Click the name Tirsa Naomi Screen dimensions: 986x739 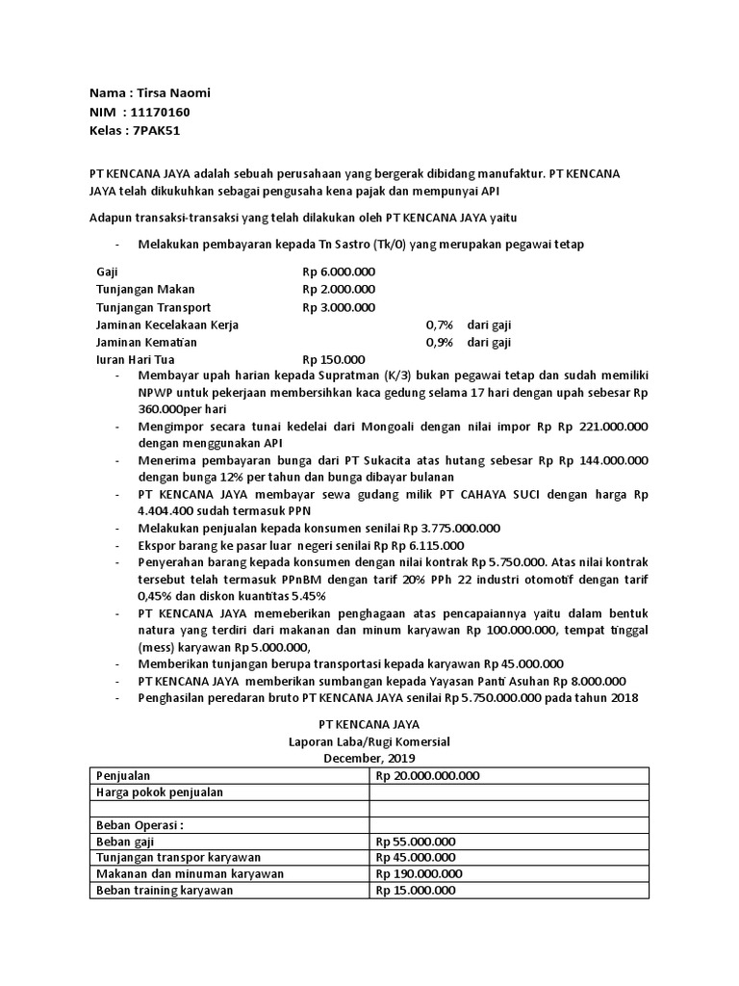[178, 93]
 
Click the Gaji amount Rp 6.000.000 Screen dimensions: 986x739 [339, 272]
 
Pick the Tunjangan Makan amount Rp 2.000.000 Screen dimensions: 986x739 [339, 289]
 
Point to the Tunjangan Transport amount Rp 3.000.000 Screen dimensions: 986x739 [339, 307]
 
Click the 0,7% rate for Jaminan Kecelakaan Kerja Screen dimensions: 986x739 [439, 324]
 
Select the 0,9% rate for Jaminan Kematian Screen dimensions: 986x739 [439, 342]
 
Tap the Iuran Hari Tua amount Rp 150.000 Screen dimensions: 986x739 [333, 359]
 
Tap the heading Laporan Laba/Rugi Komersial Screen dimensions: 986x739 [369, 741]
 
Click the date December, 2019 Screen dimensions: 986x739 [369, 758]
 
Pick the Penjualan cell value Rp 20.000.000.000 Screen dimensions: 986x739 [428, 775]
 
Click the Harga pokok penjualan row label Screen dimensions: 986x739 [160, 791]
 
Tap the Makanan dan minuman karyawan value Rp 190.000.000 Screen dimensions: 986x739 [420, 873]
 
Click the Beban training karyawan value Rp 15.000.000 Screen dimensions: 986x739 [416, 890]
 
